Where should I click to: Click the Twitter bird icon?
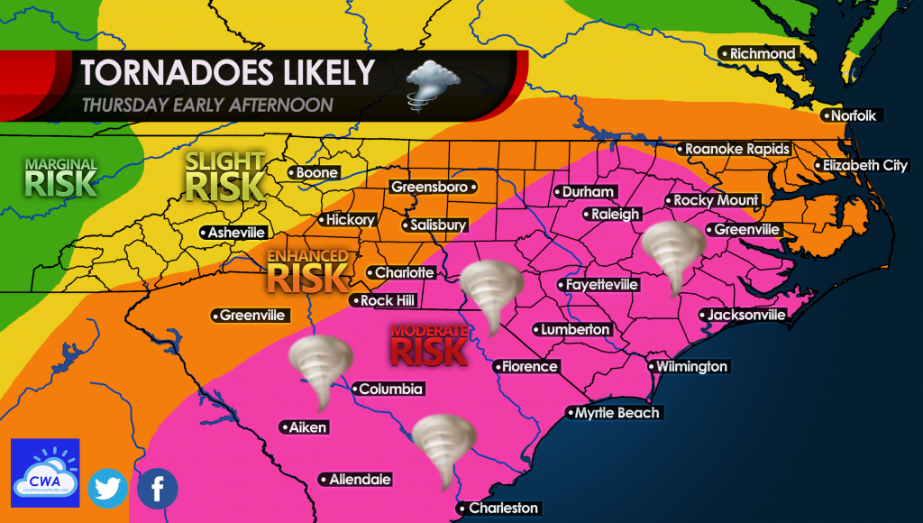point(109,489)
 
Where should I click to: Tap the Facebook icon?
point(158,489)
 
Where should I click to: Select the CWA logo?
point(45,473)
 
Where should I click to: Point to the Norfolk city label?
point(850,115)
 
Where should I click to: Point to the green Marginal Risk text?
point(59,178)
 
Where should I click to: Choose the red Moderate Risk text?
point(429,345)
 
